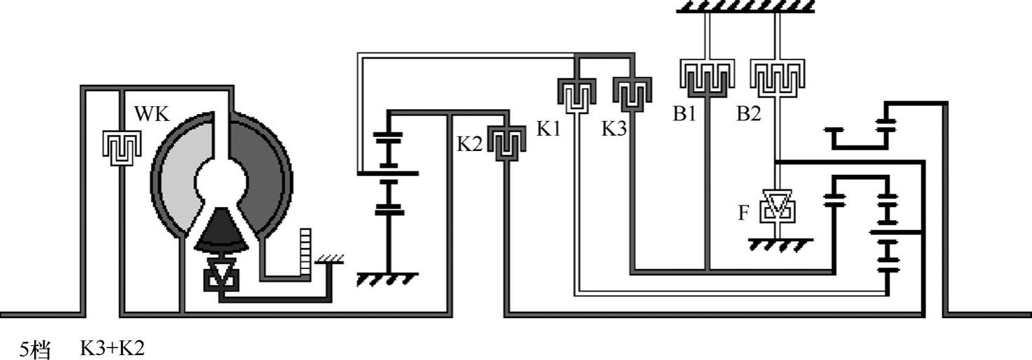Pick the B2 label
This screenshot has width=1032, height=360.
point(748,114)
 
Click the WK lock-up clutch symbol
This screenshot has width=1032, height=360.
point(122,145)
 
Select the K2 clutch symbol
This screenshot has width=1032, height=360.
point(505,143)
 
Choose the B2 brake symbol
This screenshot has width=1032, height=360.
point(777,78)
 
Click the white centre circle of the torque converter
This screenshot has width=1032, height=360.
point(221,183)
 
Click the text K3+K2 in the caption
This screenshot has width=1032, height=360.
point(112,348)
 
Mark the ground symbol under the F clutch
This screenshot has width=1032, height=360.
point(780,245)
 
